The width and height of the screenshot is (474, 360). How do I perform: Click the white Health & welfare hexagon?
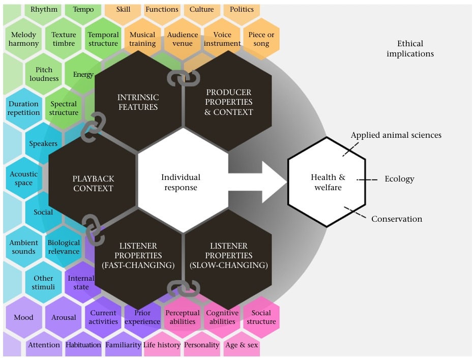[x=327, y=182]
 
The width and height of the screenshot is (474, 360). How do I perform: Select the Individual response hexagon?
[x=181, y=182]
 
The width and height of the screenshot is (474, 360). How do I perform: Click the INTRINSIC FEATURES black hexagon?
[x=138, y=102]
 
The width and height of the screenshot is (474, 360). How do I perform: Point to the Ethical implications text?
[x=410, y=48]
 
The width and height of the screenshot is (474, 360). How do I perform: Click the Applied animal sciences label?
[x=396, y=135]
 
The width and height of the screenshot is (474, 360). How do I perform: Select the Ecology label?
[x=399, y=179]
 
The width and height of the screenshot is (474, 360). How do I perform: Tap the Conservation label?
[x=397, y=219]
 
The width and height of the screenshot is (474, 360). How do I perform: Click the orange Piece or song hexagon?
[x=261, y=39]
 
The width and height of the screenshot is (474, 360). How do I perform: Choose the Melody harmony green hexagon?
[x=23, y=39]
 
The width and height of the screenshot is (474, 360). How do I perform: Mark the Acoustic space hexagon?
[x=23, y=178]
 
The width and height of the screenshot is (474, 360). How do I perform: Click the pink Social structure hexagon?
[x=261, y=317]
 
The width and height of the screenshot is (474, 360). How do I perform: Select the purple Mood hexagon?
[x=23, y=317]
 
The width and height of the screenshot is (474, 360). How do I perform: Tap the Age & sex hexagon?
[x=242, y=345]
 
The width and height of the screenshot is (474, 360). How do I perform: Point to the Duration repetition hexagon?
[x=23, y=108]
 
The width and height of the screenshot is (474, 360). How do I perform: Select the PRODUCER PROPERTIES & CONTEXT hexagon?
[x=228, y=102]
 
